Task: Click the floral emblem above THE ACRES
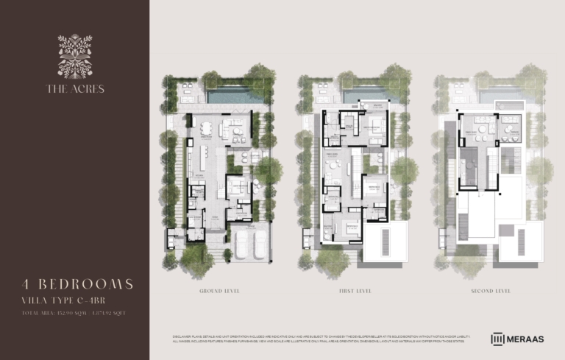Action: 75,56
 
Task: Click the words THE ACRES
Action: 75,89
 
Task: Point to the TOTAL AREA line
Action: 74,313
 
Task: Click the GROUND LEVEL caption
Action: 219,292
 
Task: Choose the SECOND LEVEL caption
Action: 491,292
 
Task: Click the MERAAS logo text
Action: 527,339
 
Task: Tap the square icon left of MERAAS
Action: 497,339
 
